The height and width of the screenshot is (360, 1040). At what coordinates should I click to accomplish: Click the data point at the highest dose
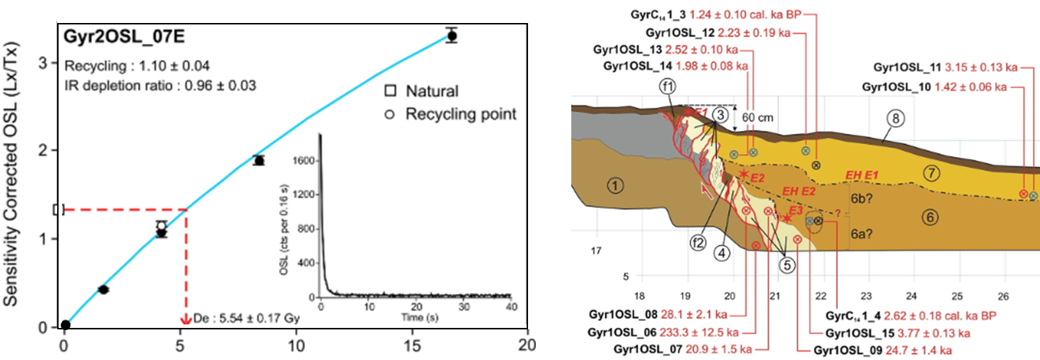click(x=452, y=35)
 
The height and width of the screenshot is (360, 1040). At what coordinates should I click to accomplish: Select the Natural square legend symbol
click(x=391, y=91)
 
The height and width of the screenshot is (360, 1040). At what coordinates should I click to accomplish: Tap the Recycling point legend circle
click(x=391, y=114)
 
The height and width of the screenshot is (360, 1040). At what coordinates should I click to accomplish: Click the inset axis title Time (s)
click(x=415, y=318)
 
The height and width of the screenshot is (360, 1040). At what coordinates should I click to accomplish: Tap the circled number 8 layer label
click(x=895, y=119)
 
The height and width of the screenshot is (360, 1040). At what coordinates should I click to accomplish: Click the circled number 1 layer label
click(x=615, y=186)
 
